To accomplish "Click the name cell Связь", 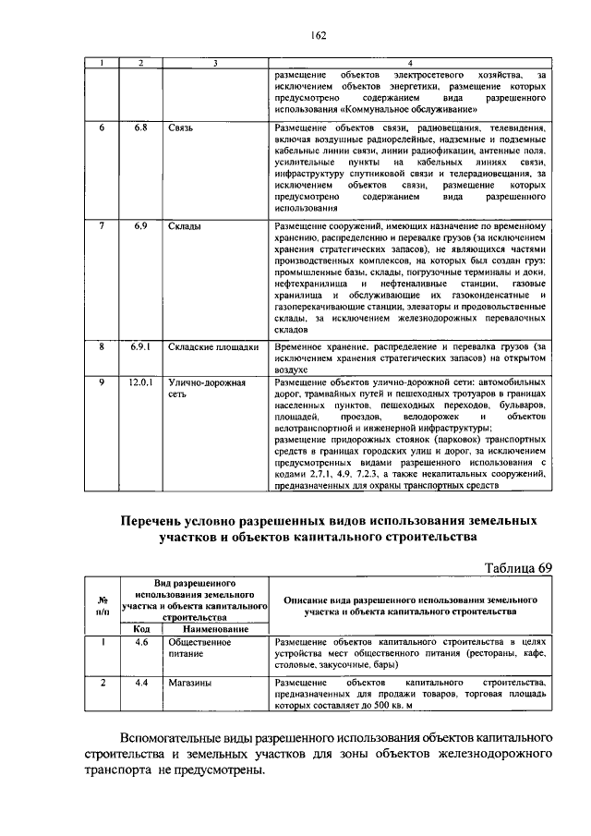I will pos(181,127).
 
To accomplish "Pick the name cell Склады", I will pos(186,225).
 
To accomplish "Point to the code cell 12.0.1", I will pos(140,382).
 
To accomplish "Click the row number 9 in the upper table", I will pos(103,382).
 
